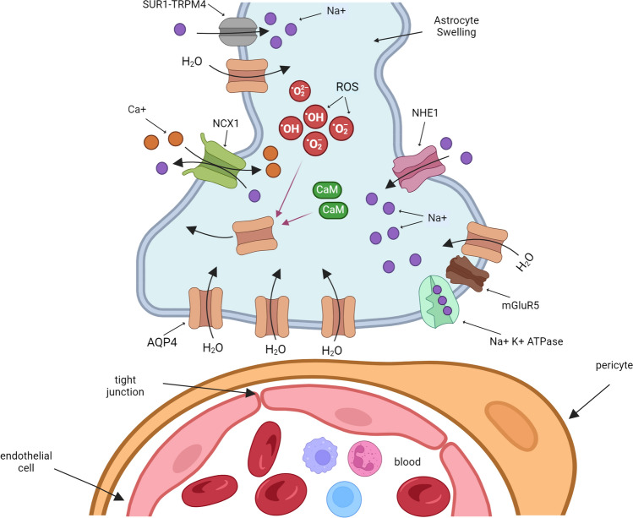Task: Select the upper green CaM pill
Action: [328, 191]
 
